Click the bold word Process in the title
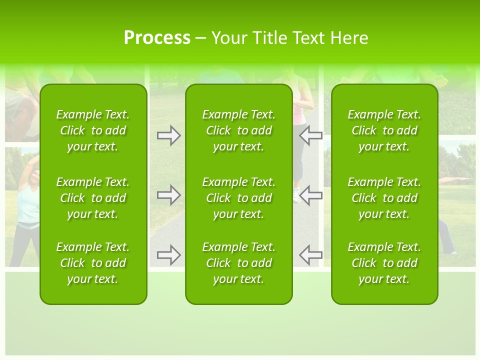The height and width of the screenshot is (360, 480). coord(157,38)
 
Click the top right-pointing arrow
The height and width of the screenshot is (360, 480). coord(168,135)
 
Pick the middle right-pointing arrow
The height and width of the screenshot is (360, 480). coord(168,195)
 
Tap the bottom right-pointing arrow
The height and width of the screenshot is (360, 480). coord(168,255)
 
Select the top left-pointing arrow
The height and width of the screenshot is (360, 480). coord(310,135)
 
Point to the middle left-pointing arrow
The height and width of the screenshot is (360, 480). coord(310,195)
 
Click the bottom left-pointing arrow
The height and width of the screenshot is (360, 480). coord(310,255)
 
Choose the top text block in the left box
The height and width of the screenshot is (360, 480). coord(93,130)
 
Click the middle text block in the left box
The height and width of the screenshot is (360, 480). coord(93,198)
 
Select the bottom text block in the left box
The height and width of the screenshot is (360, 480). coord(93,263)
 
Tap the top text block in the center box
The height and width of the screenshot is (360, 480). coord(238,130)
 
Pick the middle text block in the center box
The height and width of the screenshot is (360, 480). coord(238,198)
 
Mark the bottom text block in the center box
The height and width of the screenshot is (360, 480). coord(238,263)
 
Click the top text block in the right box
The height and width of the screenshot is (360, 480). coord(384,130)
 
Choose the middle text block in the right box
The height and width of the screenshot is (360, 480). coord(384,198)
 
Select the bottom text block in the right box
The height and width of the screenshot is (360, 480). coord(384,263)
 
